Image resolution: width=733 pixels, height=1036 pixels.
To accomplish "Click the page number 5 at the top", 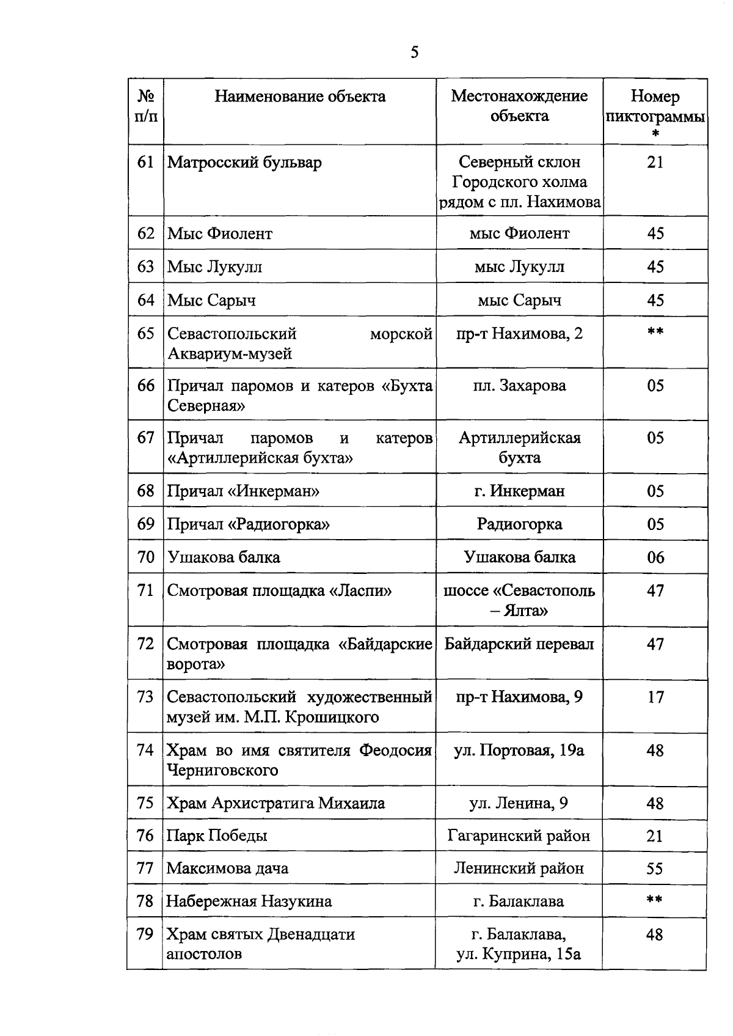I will (x=415, y=53).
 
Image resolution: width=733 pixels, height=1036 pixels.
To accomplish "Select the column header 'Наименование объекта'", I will (x=300, y=97).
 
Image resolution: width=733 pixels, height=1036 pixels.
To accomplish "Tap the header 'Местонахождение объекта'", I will (x=519, y=106).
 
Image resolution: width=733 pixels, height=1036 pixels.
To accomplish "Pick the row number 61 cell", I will (x=145, y=163).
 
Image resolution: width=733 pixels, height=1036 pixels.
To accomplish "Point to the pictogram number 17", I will (x=655, y=697).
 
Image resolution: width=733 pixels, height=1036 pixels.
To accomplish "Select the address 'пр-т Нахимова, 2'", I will (x=519, y=334).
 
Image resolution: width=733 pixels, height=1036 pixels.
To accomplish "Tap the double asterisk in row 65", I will (x=655, y=332).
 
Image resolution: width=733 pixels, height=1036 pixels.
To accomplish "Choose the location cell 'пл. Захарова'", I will (x=519, y=386).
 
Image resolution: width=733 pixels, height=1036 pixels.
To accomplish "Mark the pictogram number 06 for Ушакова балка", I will (x=655, y=557).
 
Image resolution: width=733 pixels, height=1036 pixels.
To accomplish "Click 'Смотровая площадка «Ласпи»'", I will (x=279, y=591).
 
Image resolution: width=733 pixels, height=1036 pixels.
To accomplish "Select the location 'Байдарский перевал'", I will (x=519, y=644).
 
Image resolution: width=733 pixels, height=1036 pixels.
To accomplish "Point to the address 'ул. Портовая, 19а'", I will (x=519, y=751).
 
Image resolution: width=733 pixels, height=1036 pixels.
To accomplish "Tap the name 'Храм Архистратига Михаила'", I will (x=275, y=803).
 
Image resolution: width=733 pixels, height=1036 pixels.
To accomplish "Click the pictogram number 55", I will (x=655, y=869).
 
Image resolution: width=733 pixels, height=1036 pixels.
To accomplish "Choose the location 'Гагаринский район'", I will (x=519, y=836).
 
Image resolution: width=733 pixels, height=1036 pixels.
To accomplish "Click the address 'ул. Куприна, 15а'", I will (x=519, y=954).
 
